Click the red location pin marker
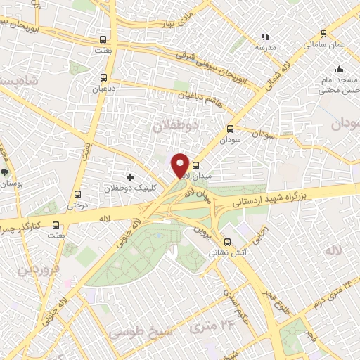[180, 165]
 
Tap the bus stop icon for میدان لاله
[195, 166]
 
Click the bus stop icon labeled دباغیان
[104, 77]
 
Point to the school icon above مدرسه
[265, 36]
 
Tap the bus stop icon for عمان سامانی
[323, 33]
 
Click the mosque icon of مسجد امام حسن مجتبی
[339, 69]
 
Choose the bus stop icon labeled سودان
[230, 129]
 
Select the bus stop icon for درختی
[77, 195]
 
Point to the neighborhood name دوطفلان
[176, 126]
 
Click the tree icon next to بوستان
[6, 172]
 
